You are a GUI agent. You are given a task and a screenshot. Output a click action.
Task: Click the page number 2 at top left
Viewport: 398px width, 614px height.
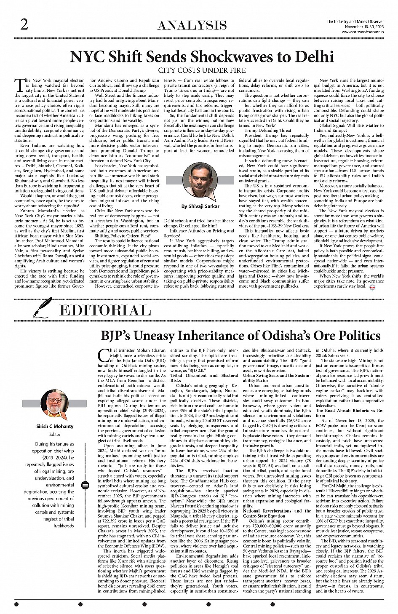coord(24,26)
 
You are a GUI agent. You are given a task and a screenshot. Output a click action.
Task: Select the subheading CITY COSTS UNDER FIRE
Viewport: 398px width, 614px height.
coord(202,70)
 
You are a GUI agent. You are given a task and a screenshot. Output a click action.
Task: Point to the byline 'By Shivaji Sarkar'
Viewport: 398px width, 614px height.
coord(200,206)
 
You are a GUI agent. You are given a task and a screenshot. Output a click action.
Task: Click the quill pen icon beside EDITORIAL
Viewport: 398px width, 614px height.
coord(43,307)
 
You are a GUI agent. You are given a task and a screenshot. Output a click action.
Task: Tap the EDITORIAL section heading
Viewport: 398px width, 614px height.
coord(105,310)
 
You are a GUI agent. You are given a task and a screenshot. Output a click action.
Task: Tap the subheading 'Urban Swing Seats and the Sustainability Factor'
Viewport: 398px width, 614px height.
coord(277,377)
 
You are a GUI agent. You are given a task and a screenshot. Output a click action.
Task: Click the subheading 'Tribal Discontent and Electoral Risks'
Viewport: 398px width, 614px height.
coord(204,377)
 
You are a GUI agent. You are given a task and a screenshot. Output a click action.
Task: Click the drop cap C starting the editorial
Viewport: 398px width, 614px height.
coord(102,355)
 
